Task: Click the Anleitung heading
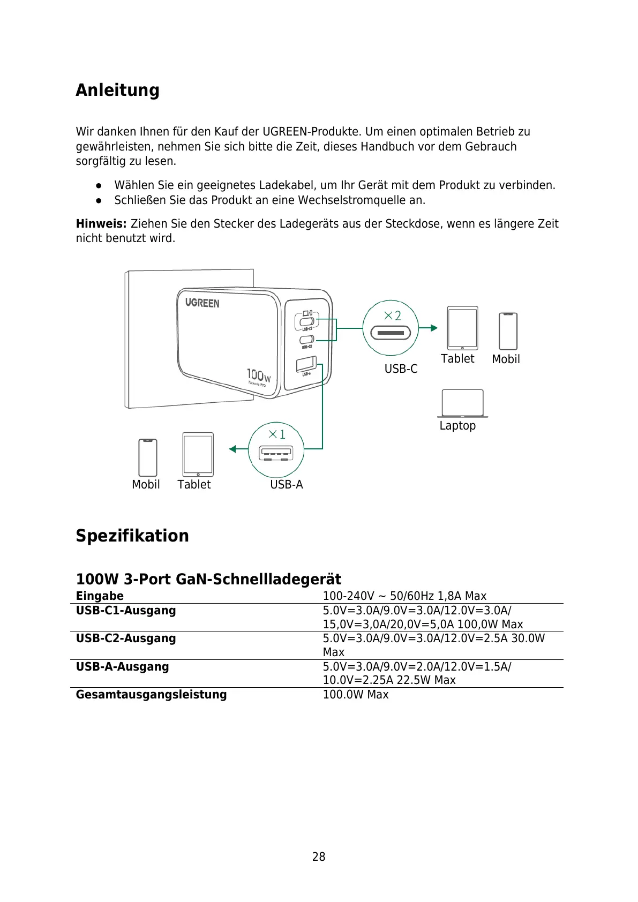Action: click(117, 90)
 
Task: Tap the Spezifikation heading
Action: click(132, 536)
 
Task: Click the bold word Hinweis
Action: click(101, 223)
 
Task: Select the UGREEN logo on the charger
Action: click(202, 303)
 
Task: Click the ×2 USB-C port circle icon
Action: click(391, 328)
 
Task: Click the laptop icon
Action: click(462, 403)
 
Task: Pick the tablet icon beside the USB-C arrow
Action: click(462, 328)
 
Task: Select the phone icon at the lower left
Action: click(148, 457)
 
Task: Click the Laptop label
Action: click(457, 426)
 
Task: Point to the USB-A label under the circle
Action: click(286, 485)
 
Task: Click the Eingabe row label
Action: click(100, 596)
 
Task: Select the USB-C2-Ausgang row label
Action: click(126, 638)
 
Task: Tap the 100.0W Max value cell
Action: click(355, 695)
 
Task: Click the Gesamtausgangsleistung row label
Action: click(151, 695)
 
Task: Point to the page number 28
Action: click(319, 857)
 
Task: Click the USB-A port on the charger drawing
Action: click(306, 364)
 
